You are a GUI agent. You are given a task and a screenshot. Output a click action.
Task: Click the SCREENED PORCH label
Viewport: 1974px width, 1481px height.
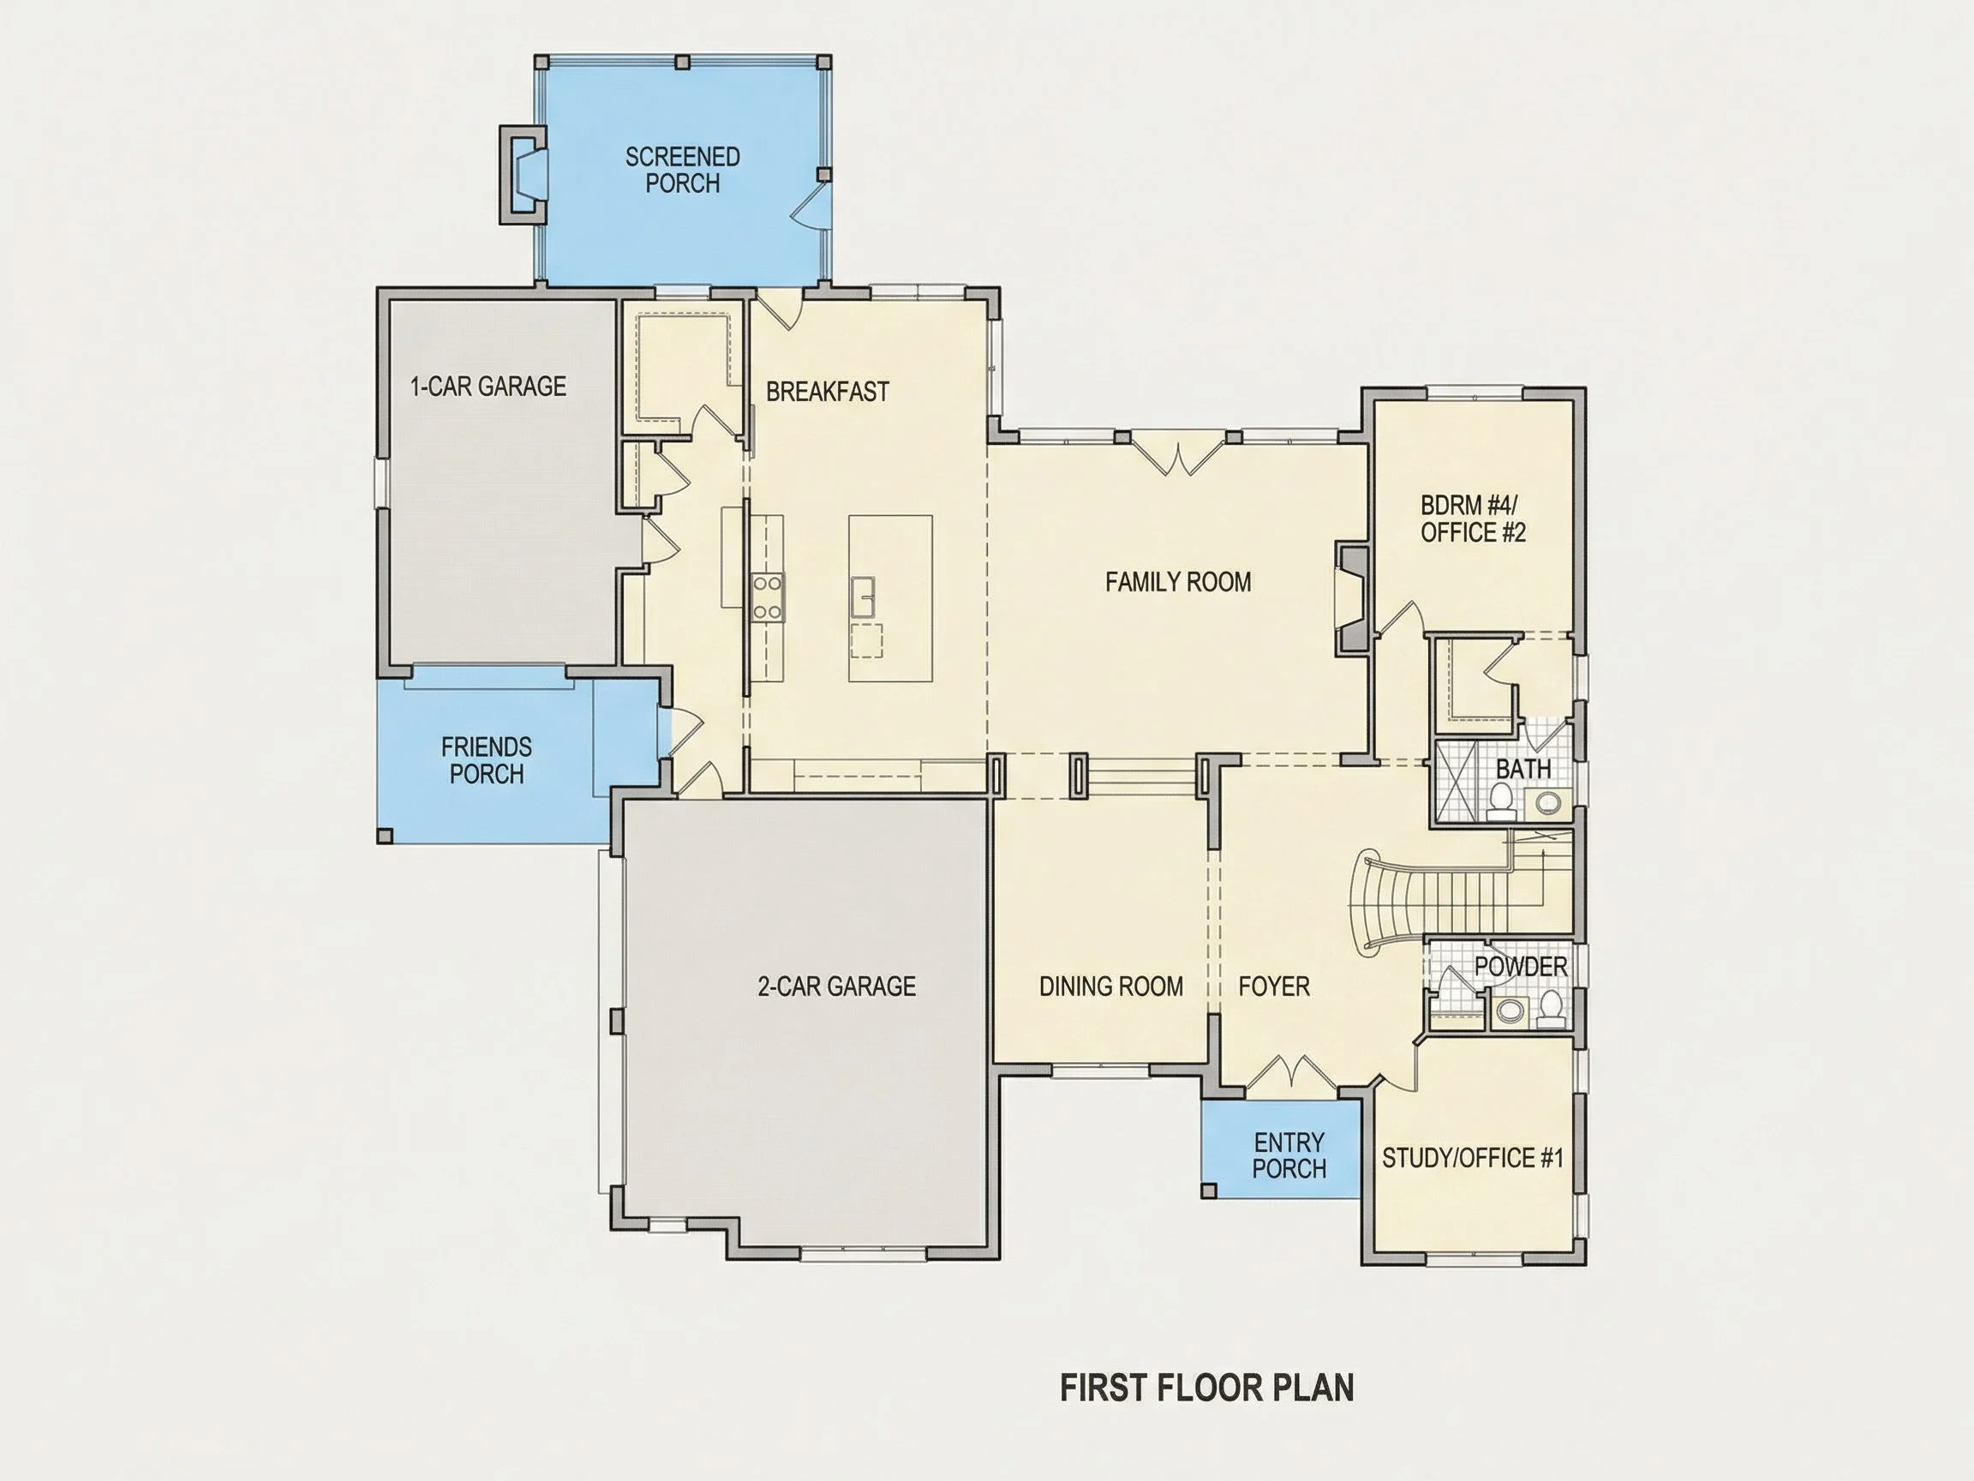(683, 170)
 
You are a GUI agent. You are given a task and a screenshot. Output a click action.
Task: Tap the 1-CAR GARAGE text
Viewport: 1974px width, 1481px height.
(488, 386)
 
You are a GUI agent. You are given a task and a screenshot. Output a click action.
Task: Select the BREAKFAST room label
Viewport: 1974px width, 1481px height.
(828, 391)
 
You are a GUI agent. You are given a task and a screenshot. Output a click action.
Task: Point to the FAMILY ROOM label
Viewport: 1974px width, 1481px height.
(1178, 582)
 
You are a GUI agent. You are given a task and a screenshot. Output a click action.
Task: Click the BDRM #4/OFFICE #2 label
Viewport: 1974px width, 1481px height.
(1474, 519)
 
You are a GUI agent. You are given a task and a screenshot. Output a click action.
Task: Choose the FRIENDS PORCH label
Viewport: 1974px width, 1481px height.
(487, 759)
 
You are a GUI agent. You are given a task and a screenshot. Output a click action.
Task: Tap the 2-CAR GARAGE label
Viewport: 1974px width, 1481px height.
(836, 986)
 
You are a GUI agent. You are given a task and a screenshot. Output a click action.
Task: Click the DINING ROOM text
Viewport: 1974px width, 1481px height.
(1111, 986)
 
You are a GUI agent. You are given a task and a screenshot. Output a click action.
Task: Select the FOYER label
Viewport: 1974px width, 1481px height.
(1274, 986)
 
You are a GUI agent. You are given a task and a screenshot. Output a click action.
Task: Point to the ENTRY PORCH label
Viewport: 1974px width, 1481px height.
(1289, 1155)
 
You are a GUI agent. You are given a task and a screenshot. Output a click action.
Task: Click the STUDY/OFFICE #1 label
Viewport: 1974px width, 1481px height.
(1473, 1158)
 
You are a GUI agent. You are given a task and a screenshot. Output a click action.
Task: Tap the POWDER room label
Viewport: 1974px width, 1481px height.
(1521, 966)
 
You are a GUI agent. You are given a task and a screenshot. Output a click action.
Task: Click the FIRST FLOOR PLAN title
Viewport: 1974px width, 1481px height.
(1206, 1388)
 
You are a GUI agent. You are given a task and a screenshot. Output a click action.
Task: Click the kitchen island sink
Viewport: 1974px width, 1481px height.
(862, 597)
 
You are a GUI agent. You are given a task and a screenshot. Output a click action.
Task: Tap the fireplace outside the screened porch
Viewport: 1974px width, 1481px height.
(522, 174)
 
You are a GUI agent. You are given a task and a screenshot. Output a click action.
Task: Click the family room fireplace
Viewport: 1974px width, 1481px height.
(1351, 598)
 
